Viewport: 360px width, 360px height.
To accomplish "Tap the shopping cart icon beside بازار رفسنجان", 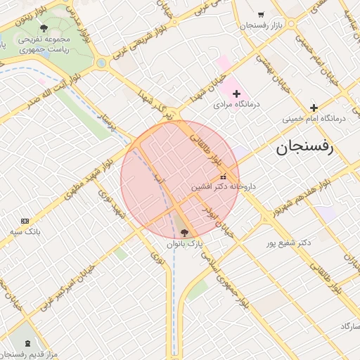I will pos(261,14).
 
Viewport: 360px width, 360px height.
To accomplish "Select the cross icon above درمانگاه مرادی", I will pos(236,94).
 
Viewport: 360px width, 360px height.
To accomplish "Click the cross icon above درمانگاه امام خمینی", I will pos(314,107).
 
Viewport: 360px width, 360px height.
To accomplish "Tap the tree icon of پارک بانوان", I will pos(185,232).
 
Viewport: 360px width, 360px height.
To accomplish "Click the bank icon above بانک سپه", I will pos(26,221).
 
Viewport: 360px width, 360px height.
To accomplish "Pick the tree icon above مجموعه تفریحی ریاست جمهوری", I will pos(44,28).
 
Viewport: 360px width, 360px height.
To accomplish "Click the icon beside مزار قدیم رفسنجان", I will pos(28,342).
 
